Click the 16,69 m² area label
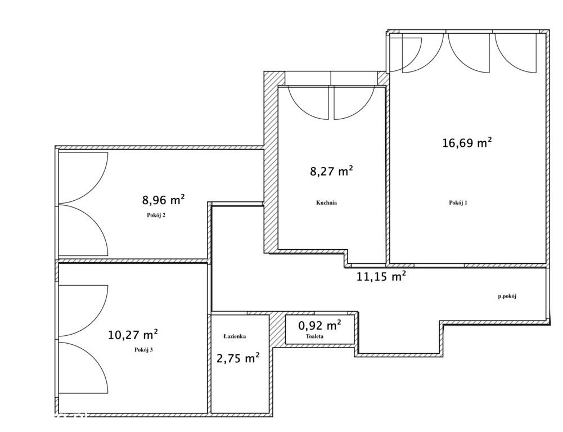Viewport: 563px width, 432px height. point(467,143)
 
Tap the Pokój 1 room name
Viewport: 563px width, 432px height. point(458,202)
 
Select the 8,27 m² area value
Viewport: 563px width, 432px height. point(331,172)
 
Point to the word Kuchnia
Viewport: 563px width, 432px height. point(326,202)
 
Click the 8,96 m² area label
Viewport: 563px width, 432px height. point(164,200)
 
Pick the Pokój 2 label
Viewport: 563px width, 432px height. point(156,215)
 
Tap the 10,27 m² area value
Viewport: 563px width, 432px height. point(133,335)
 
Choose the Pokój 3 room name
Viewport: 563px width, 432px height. point(143,349)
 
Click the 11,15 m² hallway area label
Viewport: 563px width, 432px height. point(381,277)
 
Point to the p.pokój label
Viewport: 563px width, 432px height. point(507,296)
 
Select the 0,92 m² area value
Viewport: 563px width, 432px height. point(320,325)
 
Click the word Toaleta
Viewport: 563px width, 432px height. point(314,336)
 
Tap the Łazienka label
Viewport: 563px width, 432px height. point(235,336)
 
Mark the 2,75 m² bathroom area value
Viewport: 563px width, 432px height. point(238,358)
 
